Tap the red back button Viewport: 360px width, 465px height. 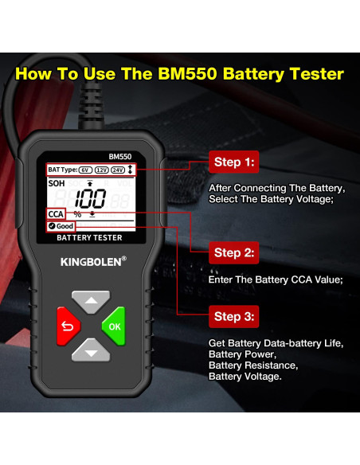tap(67, 325)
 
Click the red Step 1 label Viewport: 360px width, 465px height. tap(234, 162)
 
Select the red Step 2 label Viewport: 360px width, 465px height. tap(234, 253)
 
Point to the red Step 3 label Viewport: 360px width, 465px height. tap(234, 316)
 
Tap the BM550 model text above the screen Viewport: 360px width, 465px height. tap(120, 157)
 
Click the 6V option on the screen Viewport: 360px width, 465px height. tap(85, 170)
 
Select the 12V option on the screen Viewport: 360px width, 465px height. tap(102, 170)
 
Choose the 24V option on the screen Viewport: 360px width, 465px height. tap(119, 170)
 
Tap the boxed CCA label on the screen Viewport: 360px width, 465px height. tap(56, 214)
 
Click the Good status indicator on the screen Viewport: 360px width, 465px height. tap(61, 226)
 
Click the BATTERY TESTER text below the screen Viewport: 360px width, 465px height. tap(88, 237)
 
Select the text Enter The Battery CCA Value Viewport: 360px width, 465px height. tap(275, 279)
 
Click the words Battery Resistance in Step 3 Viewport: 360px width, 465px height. tap(252, 365)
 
